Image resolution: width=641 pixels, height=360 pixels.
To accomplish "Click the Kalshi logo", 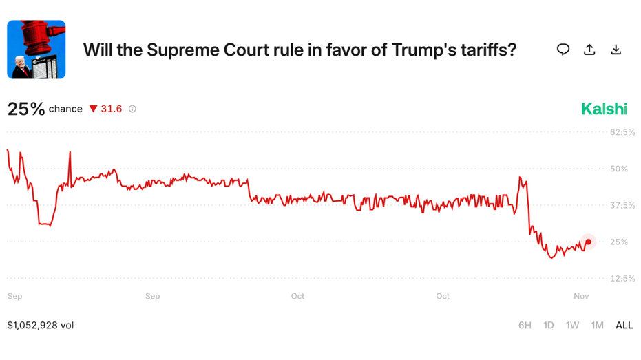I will click(604, 109).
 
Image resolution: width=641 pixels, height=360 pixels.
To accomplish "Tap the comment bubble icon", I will click(563, 50).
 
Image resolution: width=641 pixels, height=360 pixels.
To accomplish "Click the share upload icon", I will click(589, 50).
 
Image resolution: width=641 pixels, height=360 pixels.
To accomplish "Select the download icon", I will click(616, 50).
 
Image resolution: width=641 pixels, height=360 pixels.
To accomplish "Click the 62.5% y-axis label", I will click(622, 131).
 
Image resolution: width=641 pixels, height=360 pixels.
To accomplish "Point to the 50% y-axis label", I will click(619, 169).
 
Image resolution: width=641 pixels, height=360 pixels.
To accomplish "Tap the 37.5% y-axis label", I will click(622, 205).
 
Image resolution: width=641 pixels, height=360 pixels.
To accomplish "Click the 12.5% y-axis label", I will click(622, 278).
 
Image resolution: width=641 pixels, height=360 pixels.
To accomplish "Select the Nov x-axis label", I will click(581, 296).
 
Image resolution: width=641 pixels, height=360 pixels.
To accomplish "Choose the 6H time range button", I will click(525, 325).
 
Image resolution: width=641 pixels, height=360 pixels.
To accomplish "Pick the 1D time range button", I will click(549, 325).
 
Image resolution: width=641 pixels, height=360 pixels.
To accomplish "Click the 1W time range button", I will click(572, 325).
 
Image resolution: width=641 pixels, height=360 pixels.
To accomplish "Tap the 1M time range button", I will click(597, 325).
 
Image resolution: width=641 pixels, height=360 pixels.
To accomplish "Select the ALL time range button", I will click(624, 325).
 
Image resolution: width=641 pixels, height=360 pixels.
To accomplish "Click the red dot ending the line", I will click(588, 242).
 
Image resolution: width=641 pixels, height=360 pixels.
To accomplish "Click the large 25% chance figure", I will click(26, 109).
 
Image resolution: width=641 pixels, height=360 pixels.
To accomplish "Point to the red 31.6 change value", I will click(111, 109).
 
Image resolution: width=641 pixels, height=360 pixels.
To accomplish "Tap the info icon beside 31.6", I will click(132, 109).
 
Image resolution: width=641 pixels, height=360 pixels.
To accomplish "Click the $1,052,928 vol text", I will click(41, 325).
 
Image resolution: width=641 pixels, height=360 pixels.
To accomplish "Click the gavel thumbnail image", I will click(36, 50).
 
